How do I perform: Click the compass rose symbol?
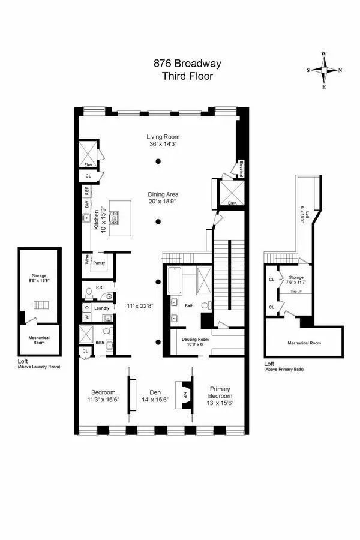(325, 70)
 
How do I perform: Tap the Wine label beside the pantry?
(88, 262)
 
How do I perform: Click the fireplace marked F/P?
(178, 394)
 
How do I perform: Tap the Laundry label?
(102, 308)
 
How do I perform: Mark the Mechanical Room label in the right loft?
(304, 343)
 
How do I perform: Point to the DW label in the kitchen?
(86, 204)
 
